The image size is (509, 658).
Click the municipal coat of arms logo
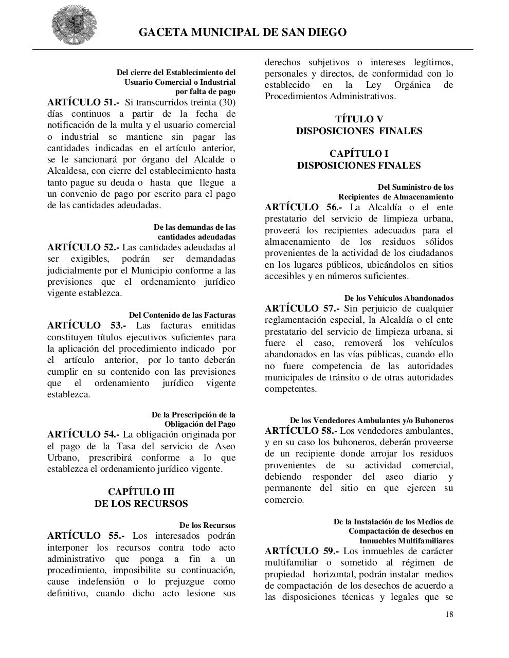click(74, 24)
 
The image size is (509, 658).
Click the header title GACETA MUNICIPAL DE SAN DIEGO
click(243, 32)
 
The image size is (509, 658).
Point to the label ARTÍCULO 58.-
click(301, 430)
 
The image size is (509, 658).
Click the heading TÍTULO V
click(359, 119)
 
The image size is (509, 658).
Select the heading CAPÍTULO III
click(141, 492)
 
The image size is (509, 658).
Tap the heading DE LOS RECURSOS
click(141, 504)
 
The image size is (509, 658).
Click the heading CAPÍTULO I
click(359, 154)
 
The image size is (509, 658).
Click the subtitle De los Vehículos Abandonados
click(398, 298)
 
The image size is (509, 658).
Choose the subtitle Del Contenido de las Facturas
click(182, 315)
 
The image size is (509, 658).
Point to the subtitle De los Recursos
click(207, 525)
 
